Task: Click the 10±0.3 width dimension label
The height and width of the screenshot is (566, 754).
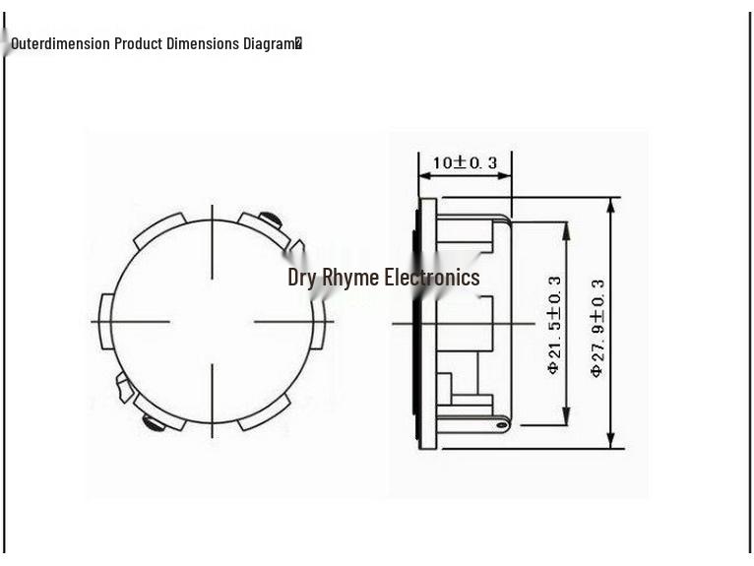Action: point(466,162)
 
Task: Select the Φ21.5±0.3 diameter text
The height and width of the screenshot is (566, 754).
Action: point(553,324)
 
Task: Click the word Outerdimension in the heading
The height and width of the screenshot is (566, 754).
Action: point(61,43)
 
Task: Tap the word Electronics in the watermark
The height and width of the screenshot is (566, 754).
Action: point(432,278)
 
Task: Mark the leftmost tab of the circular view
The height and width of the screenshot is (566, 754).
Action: point(106,320)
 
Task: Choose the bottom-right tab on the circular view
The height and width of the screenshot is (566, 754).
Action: point(264,412)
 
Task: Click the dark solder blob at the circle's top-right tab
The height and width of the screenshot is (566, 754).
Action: point(269,219)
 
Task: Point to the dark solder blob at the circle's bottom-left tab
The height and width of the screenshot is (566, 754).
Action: point(154,423)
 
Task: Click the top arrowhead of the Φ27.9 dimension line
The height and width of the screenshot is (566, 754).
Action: point(610,204)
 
